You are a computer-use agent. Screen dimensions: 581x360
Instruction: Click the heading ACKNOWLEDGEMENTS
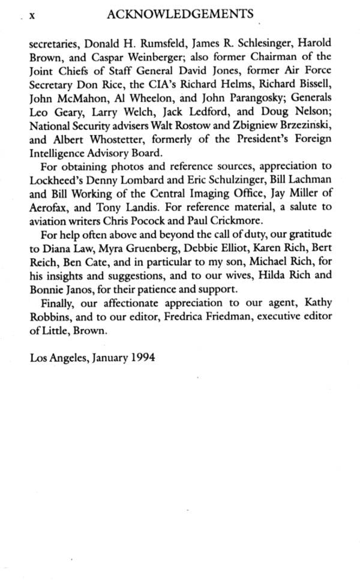179,13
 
